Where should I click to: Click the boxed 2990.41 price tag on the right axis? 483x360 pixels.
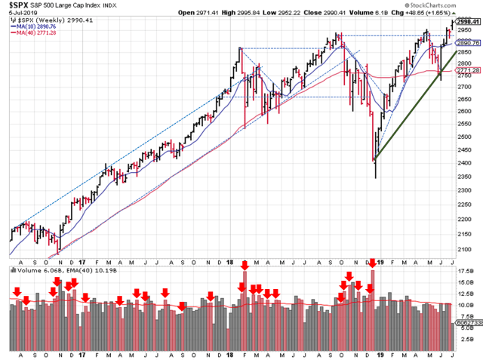467,22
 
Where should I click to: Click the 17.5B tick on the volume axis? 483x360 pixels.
466,270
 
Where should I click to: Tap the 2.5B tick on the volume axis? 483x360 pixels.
466,340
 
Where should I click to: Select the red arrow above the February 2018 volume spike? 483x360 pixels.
245,265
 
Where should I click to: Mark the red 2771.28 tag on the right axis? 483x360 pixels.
467,70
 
